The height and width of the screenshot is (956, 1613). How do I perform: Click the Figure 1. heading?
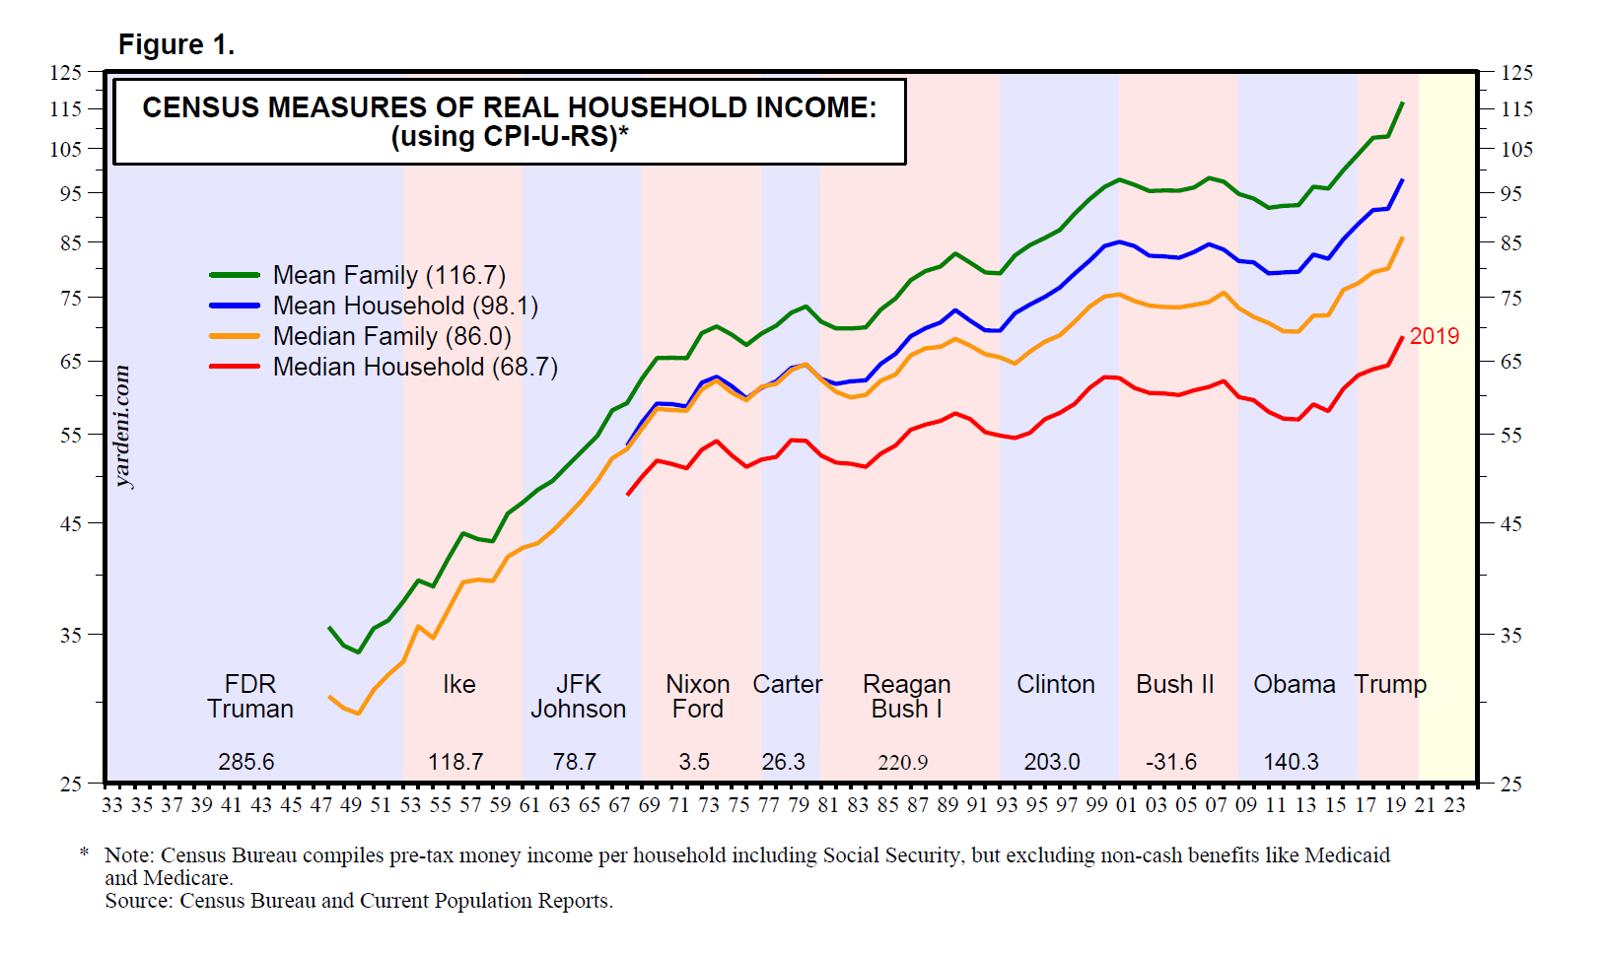(176, 45)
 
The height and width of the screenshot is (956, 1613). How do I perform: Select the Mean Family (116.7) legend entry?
(388, 275)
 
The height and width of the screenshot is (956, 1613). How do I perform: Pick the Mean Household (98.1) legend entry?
(405, 306)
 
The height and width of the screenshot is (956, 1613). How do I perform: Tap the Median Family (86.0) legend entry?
(391, 336)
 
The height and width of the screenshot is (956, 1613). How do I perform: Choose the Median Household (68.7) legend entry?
(415, 367)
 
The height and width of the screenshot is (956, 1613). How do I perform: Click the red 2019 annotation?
(1434, 336)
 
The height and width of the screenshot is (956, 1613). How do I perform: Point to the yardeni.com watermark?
(123, 427)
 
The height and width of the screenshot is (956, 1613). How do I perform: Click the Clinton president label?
(1055, 684)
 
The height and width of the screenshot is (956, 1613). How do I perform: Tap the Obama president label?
(1294, 684)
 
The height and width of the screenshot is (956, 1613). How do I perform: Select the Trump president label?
(1390, 684)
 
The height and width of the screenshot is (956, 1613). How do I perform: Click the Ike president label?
(458, 684)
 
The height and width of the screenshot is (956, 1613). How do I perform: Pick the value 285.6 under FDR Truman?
(245, 762)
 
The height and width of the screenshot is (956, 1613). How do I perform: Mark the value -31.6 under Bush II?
(1171, 762)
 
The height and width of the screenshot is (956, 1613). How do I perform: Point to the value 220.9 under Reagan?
(902, 763)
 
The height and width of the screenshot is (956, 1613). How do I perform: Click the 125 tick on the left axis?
(66, 72)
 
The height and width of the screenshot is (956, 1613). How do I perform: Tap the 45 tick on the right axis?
(1510, 523)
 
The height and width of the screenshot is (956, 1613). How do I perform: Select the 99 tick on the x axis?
(1096, 805)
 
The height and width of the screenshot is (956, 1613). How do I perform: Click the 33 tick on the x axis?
(112, 805)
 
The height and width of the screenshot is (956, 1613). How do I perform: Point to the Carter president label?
(787, 684)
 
